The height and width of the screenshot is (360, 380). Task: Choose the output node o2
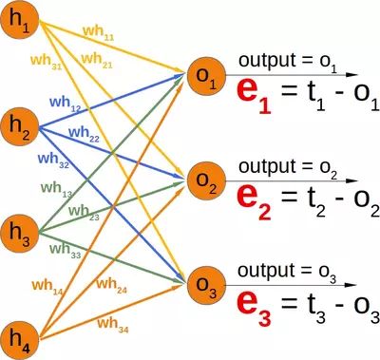pyautogui.click(x=201, y=178)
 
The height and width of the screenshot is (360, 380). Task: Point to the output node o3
pyautogui.click(x=201, y=282)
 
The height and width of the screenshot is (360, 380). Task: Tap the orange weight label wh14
pyautogui.click(x=45, y=284)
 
